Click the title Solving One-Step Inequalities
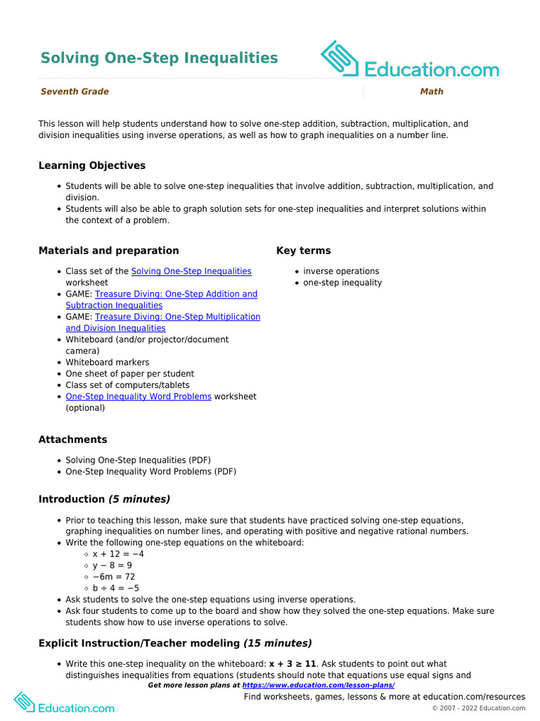pos(159,58)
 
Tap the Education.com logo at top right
pos(409,61)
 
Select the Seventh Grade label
pos(75,92)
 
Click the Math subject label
pos(432,92)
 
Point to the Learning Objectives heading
pos(92,165)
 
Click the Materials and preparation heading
pos(108,251)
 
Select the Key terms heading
pos(303,251)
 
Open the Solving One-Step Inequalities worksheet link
pos(191,271)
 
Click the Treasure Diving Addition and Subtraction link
pos(176,294)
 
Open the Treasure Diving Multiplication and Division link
pos(177,317)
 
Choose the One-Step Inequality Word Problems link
pos(139,396)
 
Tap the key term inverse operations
pos(341,271)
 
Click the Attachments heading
pos(72,439)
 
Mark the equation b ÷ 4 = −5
pos(116,588)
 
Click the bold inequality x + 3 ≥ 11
pos(292,664)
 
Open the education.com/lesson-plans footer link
pos(318,685)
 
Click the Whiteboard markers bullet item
pos(107,363)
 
